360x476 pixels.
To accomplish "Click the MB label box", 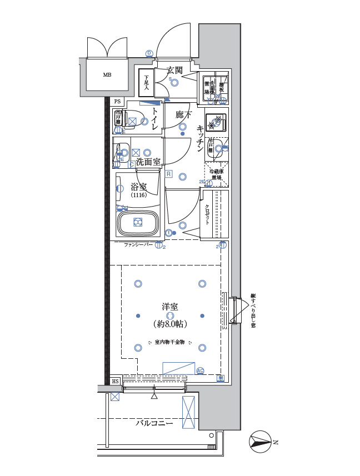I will point(106,74).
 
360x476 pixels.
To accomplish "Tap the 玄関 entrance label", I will point(175,70).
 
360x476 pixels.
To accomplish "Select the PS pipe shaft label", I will point(117,102).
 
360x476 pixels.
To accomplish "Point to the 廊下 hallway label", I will point(183,115).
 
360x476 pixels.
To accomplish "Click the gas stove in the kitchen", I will point(217,122).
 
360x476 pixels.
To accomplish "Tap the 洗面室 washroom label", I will point(148,162).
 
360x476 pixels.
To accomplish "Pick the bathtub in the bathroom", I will point(138,223).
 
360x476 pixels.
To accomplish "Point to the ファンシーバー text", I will point(138,244).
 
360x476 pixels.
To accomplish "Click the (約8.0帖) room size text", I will point(169,324).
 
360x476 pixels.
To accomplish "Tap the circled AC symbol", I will point(200,370).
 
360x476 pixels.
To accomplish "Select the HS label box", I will point(115,382).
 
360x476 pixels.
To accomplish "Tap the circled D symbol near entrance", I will point(149,53).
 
